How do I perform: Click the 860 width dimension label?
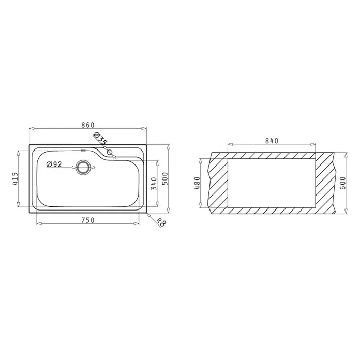click(x=88, y=125)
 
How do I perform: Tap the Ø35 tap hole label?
click(x=100, y=139)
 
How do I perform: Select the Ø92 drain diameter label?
click(x=54, y=164)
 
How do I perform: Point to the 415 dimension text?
click(x=15, y=179)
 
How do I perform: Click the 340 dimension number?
click(x=154, y=184)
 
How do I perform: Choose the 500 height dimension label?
click(x=166, y=178)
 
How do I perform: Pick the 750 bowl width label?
click(x=88, y=220)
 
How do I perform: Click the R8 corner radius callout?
click(x=161, y=222)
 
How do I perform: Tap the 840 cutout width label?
click(x=272, y=141)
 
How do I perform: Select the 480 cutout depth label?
click(x=197, y=183)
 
